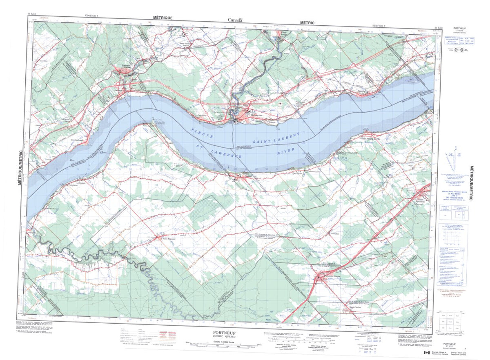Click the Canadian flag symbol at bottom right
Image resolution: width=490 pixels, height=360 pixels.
tap(427, 353)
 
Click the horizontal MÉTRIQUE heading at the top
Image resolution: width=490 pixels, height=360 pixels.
tap(163, 18)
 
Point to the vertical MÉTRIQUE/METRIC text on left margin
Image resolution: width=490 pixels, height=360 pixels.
tap(20, 167)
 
